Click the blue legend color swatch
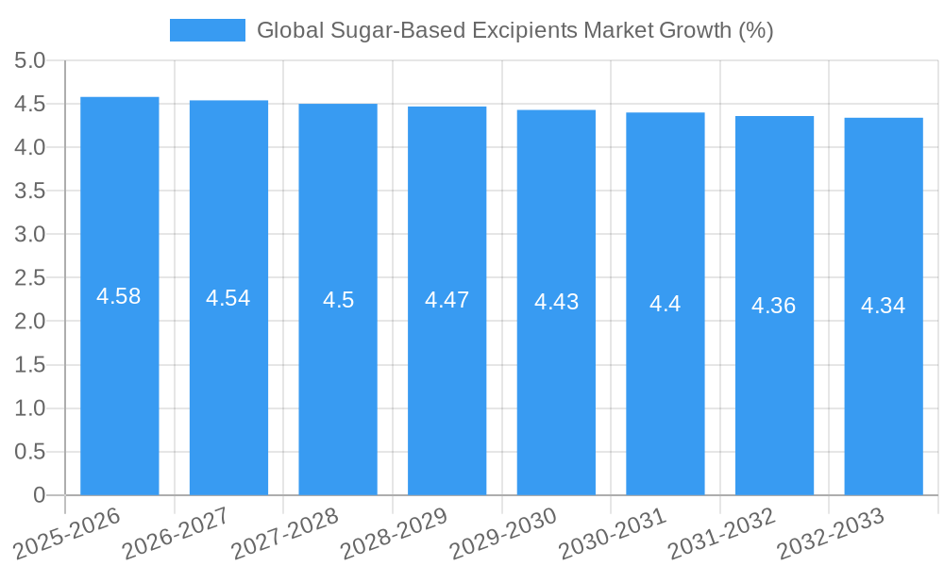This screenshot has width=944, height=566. click(207, 30)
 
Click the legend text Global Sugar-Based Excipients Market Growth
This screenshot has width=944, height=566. click(514, 30)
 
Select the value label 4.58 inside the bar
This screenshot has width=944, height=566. click(119, 296)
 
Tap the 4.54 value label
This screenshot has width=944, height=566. click(228, 298)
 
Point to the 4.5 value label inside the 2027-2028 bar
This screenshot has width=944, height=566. click(338, 300)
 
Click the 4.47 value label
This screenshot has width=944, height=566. click(447, 300)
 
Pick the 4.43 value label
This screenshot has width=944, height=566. click(556, 302)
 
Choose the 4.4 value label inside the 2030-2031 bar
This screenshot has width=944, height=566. click(665, 304)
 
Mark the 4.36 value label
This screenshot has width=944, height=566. click(774, 306)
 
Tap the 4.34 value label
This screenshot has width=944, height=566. click(883, 306)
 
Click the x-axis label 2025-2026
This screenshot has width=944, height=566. click(68, 531)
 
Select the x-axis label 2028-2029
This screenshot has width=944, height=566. click(395, 531)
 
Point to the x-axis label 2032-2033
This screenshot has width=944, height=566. click(831, 531)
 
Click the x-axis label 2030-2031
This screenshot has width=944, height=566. click(613, 531)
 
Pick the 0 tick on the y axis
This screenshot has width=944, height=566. click(40, 495)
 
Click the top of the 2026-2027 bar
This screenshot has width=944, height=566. click(228, 101)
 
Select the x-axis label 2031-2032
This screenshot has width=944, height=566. click(722, 531)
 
